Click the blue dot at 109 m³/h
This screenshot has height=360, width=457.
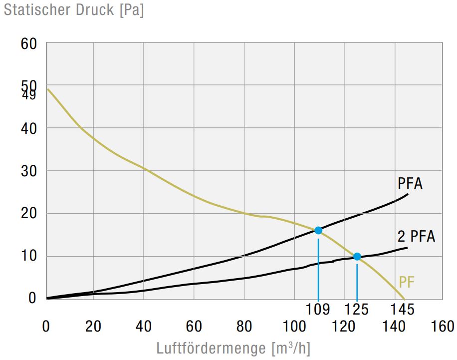tap(318, 230)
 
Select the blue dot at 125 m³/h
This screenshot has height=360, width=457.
tap(357, 257)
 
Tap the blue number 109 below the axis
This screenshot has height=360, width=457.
tap(318, 310)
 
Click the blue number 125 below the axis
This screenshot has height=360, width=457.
tap(356, 310)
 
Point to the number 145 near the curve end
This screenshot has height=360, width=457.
tap(403, 310)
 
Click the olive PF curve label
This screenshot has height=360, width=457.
tap(407, 283)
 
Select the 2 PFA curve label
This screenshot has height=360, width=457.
tap(416, 236)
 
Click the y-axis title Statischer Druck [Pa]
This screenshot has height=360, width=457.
tap(74, 10)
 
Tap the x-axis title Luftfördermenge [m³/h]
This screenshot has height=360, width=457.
tap(233, 348)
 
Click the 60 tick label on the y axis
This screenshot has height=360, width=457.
tap(29, 44)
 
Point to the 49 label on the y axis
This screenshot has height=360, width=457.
tap(29, 94)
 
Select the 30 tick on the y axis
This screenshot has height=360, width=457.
tap(29, 171)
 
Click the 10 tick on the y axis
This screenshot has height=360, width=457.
tap(29, 257)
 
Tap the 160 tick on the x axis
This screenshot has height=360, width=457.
tap(442, 327)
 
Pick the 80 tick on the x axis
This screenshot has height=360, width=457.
tap(244, 327)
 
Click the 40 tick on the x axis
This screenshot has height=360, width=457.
tap(144, 327)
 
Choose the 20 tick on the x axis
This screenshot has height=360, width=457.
tap(94, 327)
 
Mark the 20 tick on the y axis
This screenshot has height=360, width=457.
tap(29, 214)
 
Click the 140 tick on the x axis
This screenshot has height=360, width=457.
tap(393, 327)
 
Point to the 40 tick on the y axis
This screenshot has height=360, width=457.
tap(29, 128)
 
